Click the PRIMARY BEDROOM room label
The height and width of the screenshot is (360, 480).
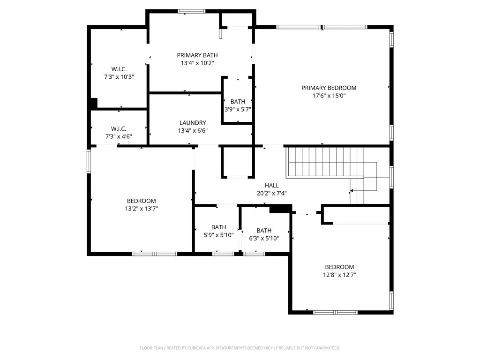pyautogui.click(x=329, y=88)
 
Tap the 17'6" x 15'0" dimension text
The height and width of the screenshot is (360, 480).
pyautogui.click(x=329, y=96)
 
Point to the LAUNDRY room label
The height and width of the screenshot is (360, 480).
pyautogui.click(x=192, y=123)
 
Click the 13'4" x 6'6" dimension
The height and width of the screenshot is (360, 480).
pyautogui.click(x=192, y=131)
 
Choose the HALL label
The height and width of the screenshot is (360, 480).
pyautogui.click(x=272, y=185)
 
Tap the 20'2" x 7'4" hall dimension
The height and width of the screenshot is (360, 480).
pyautogui.click(x=272, y=193)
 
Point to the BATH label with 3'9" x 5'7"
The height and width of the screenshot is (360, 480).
pyautogui.click(x=238, y=101)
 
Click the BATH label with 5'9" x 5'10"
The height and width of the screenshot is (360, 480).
pyautogui.click(x=218, y=227)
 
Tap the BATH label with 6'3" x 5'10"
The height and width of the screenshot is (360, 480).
pyautogui.click(x=264, y=230)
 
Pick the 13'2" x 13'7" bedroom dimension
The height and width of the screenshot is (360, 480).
pyautogui.click(x=141, y=209)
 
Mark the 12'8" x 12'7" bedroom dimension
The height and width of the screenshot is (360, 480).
pyautogui.click(x=340, y=275)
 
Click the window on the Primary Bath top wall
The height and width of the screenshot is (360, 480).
pyautogui.click(x=191, y=11)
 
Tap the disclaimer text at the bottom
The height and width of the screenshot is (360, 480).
pyautogui.click(x=240, y=348)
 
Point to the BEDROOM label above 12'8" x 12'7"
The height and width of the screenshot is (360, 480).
pyautogui.click(x=340, y=267)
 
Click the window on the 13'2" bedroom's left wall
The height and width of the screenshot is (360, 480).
pyautogui.click(x=89, y=161)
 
